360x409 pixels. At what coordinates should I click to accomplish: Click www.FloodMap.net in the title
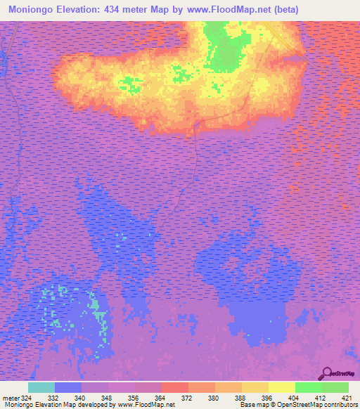225,10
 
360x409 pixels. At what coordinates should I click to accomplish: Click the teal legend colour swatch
41,387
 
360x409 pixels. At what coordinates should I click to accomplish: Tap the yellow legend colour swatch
281,387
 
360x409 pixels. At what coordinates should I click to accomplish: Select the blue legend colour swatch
67,387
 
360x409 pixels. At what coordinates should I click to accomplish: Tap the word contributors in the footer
340,405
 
